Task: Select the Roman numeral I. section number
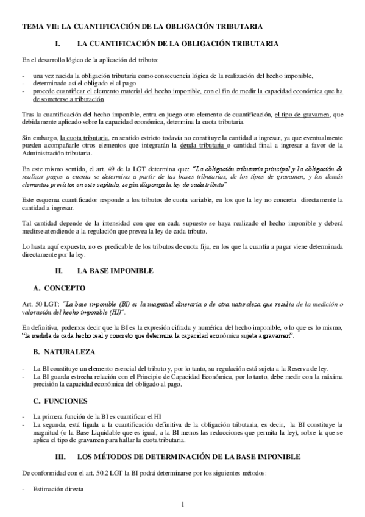coord(58,44)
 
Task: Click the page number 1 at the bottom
coord(182,504)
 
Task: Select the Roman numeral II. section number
coord(59,269)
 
